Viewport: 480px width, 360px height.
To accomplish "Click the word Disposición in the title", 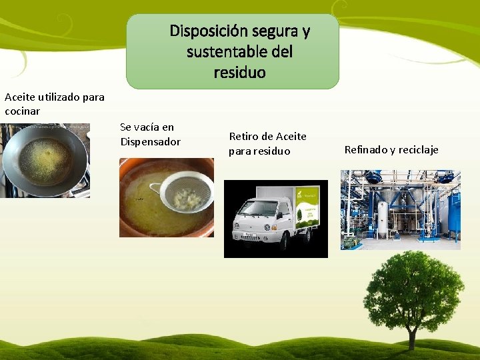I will [208, 31].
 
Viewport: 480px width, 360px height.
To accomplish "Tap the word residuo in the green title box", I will [239, 72].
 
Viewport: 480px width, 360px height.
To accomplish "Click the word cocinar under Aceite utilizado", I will [22, 111].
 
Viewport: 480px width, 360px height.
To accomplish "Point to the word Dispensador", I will [150, 141].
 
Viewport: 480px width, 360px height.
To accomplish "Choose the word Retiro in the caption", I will [245, 137].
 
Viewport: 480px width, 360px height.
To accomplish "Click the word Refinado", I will [365, 149].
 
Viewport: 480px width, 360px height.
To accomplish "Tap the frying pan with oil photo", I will [45, 160].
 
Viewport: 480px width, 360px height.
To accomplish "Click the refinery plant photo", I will [400, 209].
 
